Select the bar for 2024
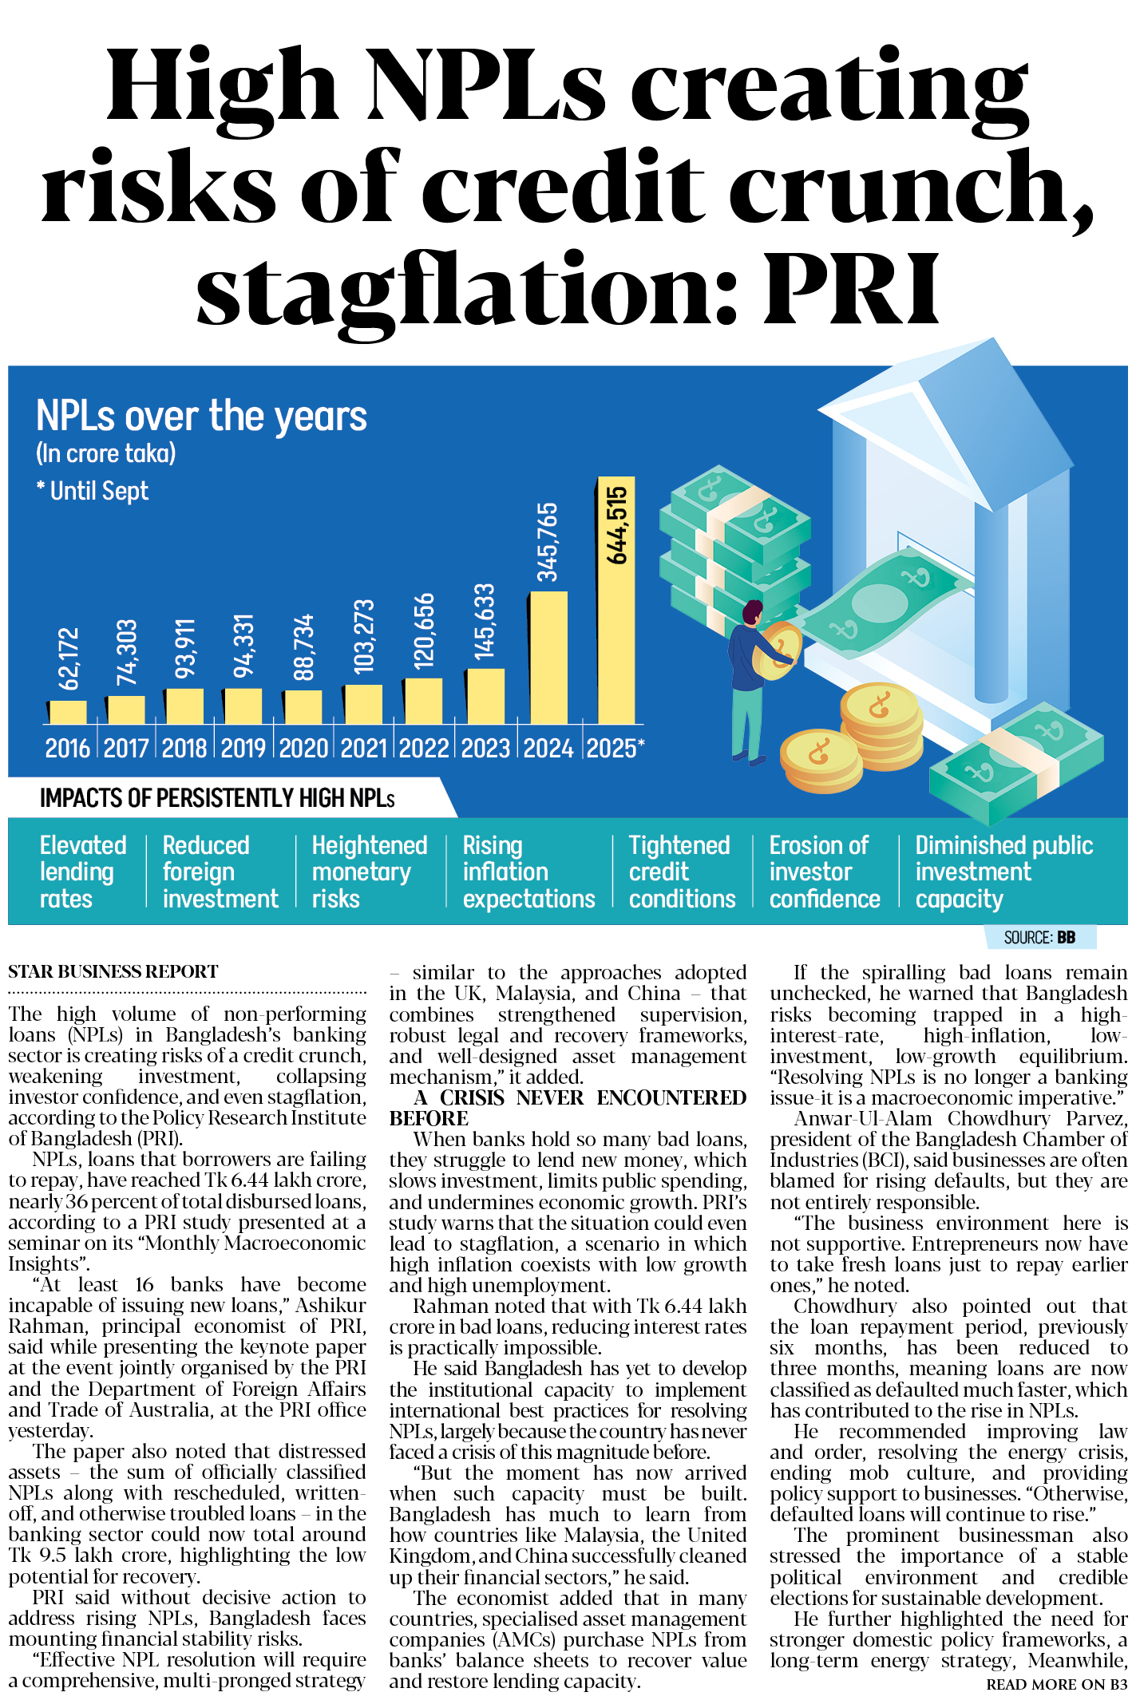click(x=548, y=658)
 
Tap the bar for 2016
click(x=67, y=712)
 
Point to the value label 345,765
click(x=548, y=542)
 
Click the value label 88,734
click(x=304, y=647)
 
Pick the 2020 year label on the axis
click(x=303, y=748)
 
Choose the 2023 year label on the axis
click(x=485, y=748)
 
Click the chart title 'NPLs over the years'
click(x=201, y=416)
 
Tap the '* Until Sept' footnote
click(x=93, y=490)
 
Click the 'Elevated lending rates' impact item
click(x=82, y=872)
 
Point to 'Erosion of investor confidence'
click(x=824, y=872)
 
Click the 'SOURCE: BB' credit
click(x=1039, y=937)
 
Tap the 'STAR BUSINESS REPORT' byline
click(x=113, y=971)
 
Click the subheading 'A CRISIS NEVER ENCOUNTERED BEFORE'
click(x=568, y=1107)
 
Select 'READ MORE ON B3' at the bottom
click(x=1056, y=1684)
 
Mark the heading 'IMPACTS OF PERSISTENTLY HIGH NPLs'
click(x=217, y=798)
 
